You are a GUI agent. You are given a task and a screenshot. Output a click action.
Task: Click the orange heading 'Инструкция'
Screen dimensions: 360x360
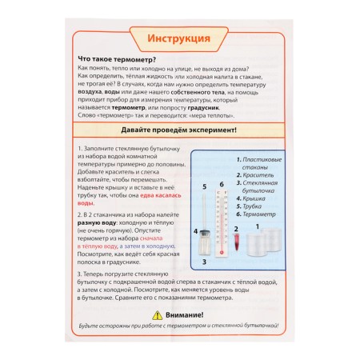pos(179,39)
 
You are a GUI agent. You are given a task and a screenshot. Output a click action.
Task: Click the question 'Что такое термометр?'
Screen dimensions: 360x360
pos(116,61)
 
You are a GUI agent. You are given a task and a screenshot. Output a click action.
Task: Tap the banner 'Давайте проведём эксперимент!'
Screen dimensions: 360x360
pos(179,130)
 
